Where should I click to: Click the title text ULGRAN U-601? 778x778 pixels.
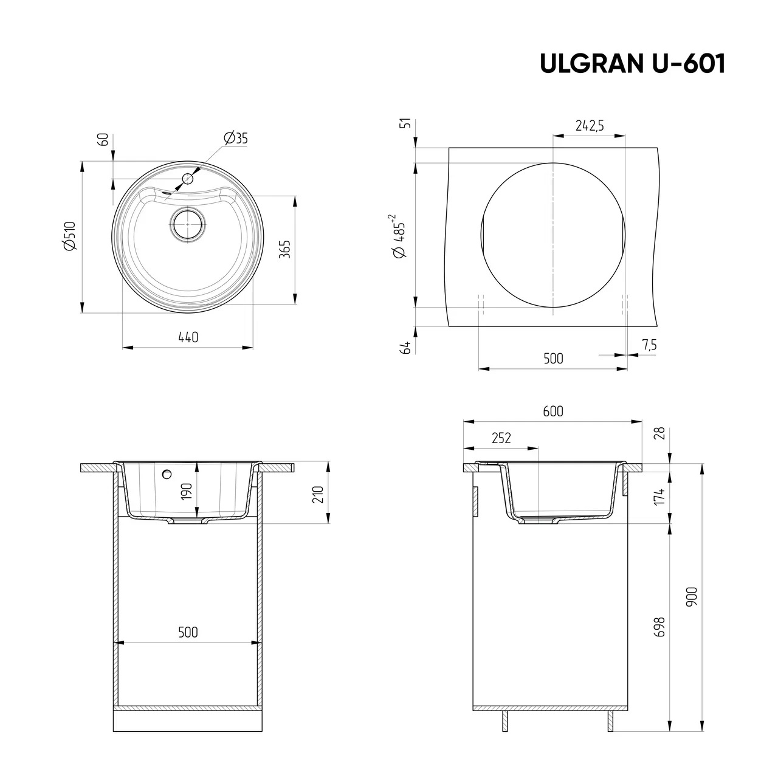point(633,64)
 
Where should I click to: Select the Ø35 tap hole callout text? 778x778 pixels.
point(235,139)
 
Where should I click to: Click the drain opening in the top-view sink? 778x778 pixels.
point(188,224)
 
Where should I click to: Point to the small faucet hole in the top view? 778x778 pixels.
point(188,179)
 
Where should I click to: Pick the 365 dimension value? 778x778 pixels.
point(286,249)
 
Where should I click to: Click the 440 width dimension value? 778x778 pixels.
point(188,337)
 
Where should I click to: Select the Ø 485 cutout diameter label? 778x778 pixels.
point(401,237)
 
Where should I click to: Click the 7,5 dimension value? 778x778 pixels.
point(649,345)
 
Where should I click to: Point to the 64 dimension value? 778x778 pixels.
point(406,348)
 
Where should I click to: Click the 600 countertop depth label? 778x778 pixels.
point(553,411)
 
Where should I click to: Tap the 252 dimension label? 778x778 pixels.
point(501,438)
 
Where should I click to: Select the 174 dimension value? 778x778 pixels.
point(660,496)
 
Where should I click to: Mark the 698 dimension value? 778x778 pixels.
point(660,627)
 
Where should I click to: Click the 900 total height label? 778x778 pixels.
point(693,597)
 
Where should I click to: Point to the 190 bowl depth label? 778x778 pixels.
point(187,491)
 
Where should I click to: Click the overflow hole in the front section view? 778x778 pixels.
point(166,474)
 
